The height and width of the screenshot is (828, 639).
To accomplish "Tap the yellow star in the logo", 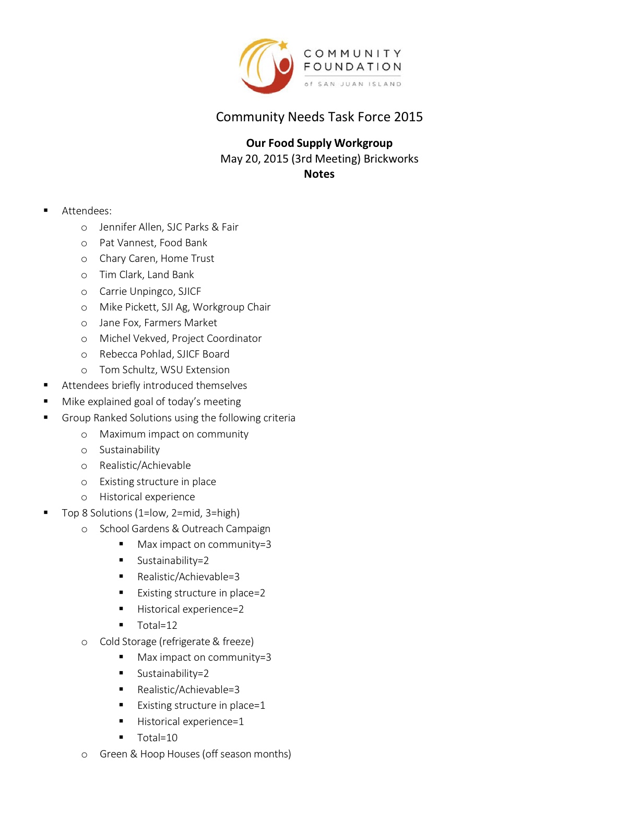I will pos(283,45).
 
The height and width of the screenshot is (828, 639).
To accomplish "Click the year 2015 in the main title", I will pos(408,117).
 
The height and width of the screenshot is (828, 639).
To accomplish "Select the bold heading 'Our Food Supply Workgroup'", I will pos(319,143).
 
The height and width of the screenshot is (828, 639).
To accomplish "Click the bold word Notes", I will pos(319,174).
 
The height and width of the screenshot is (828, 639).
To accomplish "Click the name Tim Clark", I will pos(121,274).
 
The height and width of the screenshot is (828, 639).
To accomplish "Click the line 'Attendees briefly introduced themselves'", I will pos(155,385).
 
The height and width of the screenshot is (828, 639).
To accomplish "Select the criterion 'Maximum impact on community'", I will pos(174,434).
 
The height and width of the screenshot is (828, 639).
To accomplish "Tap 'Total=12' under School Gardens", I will pos(157,625).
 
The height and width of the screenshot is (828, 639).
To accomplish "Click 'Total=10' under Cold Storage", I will pos(157,738).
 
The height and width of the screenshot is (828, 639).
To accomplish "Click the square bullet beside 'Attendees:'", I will pos(46,210).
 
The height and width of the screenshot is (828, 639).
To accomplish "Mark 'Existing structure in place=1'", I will pos(201,705).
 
